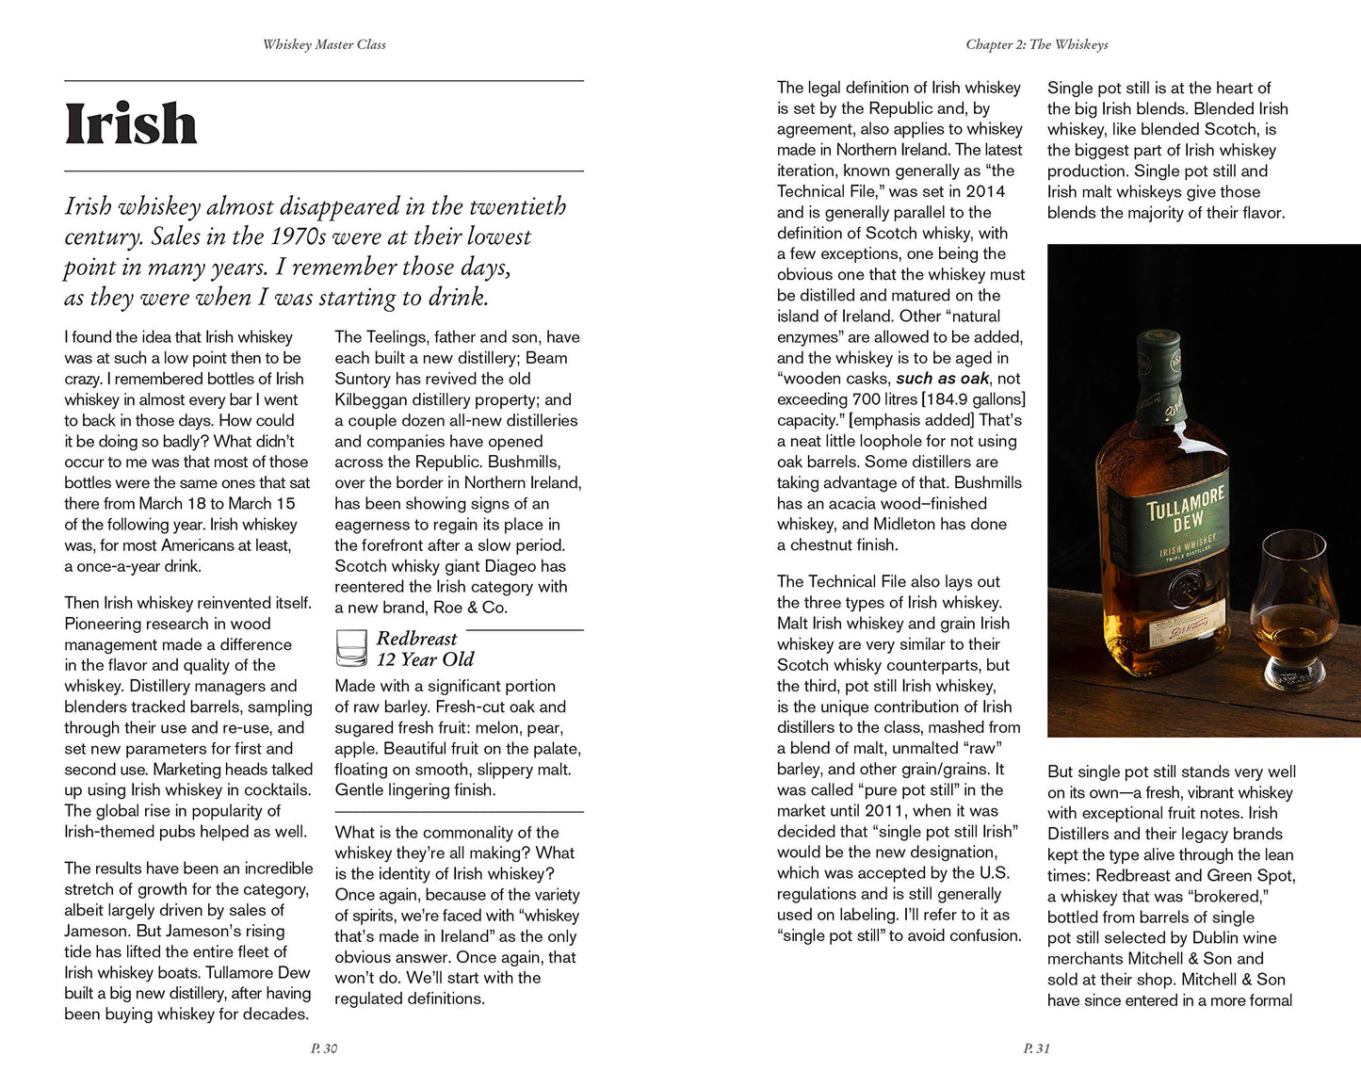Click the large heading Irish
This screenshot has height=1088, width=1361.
(131, 124)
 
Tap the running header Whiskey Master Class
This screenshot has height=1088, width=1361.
(324, 44)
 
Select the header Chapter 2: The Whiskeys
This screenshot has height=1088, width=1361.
(1036, 44)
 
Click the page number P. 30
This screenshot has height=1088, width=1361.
(324, 1048)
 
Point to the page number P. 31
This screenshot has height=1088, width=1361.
(1036, 1048)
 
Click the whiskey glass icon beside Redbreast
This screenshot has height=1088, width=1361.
(351, 648)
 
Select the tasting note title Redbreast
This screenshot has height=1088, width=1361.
(416, 639)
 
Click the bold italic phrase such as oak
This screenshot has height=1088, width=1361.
(942, 379)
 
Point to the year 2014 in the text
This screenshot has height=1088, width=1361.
(986, 191)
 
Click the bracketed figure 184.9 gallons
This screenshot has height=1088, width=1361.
(973, 399)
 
